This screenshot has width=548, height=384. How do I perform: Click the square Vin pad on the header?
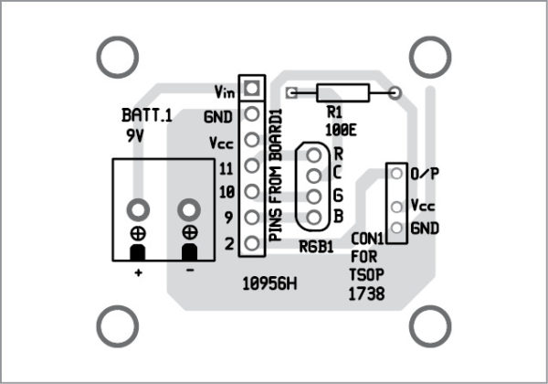[x=252, y=88]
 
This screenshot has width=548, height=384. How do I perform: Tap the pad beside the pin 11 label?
[x=252, y=165]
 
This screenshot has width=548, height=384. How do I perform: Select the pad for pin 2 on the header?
[x=252, y=243]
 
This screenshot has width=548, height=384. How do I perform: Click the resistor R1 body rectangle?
[x=342, y=92]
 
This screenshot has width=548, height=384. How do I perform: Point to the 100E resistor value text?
[x=341, y=131]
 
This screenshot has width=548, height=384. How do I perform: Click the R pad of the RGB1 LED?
[x=314, y=155]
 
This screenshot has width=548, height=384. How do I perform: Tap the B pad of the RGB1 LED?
[x=314, y=218]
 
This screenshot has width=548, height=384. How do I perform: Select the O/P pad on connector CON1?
[x=396, y=173]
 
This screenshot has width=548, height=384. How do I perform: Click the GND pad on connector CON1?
[x=396, y=228]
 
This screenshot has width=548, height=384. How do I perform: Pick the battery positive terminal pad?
[x=138, y=210]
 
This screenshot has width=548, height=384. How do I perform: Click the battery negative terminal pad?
[x=189, y=210]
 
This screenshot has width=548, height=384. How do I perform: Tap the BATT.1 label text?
[x=147, y=115]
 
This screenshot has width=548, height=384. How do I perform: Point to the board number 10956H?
[x=269, y=284]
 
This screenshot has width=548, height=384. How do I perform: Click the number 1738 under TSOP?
[x=366, y=293]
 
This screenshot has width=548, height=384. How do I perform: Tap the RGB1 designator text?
[x=316, y=247]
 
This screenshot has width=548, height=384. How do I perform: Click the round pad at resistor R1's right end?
[x=395, y=92]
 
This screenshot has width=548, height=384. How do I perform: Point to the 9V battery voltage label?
[x=135, y=135]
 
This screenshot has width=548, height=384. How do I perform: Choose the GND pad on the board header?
[x=252, y=113]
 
